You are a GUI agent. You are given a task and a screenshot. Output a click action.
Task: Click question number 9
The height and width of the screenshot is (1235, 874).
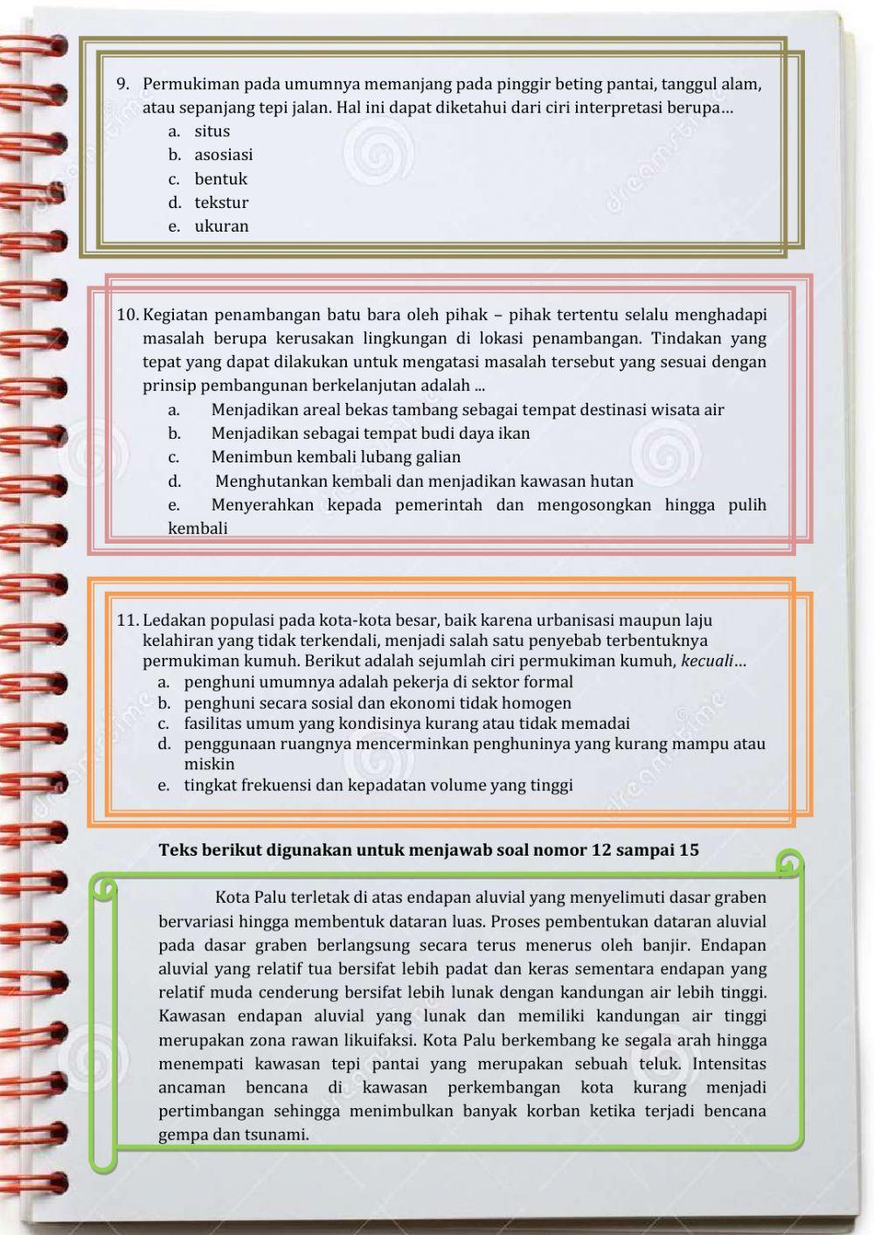(x=123, y=85)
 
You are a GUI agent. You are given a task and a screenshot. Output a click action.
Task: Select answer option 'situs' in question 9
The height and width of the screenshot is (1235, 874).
(x=212, y=131)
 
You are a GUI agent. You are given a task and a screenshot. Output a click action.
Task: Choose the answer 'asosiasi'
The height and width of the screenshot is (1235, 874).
(x=223, y=155)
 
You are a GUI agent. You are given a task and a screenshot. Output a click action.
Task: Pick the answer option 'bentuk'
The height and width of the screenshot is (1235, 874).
(x=220, y=179)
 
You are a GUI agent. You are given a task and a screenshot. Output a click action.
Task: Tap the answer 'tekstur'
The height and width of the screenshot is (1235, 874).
(x=221, y=203)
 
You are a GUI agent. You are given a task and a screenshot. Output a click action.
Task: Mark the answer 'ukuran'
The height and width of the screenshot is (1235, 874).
(x=221, y=226)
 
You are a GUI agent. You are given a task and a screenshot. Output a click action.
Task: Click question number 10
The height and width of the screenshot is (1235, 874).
(x=128, y=315)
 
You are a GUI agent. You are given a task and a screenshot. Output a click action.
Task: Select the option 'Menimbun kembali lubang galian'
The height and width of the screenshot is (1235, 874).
(x=336, y=457)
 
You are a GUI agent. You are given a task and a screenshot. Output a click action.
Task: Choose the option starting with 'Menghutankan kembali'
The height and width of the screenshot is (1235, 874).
(x=424, y=482)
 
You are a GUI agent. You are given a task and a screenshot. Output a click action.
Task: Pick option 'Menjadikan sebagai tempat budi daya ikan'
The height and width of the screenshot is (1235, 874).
(x=371, y=434)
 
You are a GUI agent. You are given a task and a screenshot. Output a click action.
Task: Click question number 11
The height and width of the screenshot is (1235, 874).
(x=128, y=621)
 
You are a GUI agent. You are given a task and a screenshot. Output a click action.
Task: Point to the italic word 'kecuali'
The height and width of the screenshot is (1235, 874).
(x=706, y=661)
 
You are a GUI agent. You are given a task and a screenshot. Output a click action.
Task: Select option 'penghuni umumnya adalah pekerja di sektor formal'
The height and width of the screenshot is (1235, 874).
(x=378, y=682)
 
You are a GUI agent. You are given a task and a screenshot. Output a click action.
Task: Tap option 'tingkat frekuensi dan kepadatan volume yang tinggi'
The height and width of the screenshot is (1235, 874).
(x=378, y=785)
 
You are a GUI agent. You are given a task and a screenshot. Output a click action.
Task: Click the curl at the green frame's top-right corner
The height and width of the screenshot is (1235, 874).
(x=789, y=864)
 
